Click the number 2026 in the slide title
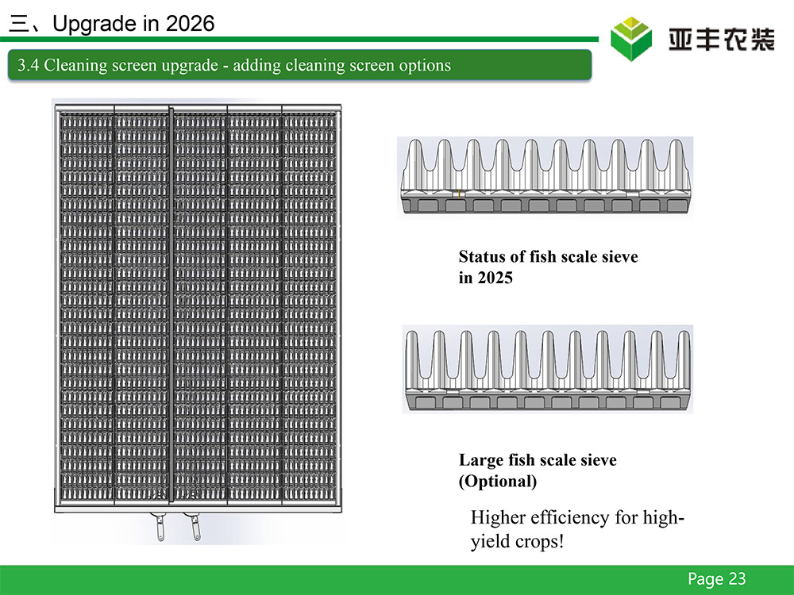(x=190, y=24)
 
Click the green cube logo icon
(x=631, y=39)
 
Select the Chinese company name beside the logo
(x=721, y=40)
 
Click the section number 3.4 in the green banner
(x=29, y=65)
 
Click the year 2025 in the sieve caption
(x=495, y=278)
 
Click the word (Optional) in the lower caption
(x=498, y=482)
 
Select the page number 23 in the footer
(x=738, y=578)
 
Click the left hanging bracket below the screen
(x=158, y=526)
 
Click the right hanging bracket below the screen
(x=194, y=526)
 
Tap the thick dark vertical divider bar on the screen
(x=172, y=305)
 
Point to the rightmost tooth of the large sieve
(x=684, y=359)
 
